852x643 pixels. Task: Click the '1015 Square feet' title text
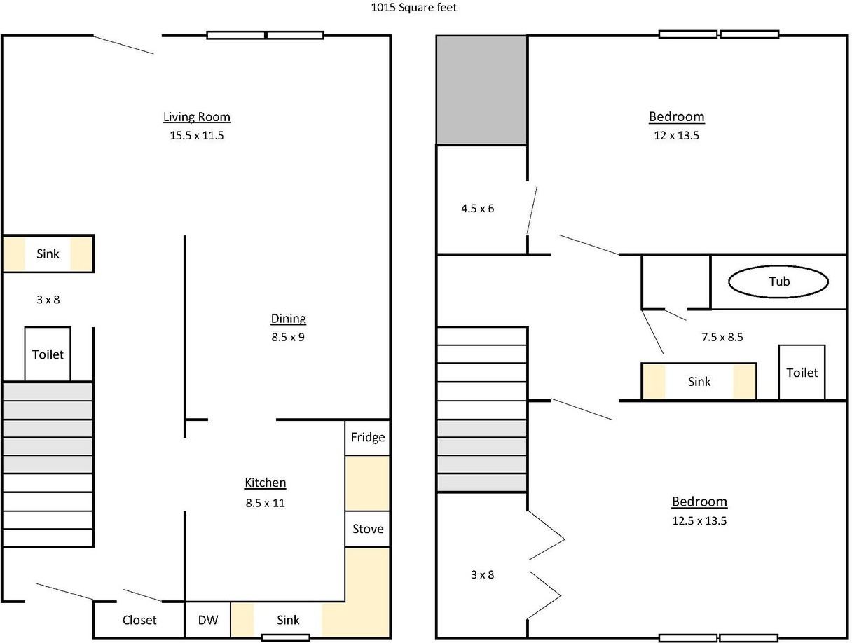pos(414,8)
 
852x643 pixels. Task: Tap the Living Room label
pos(196,117)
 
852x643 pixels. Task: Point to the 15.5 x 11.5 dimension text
pos(196,135)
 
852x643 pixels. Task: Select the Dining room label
pos(288,319)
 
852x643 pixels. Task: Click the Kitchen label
pos(265,483)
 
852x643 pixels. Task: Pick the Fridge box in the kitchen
pos(368,437)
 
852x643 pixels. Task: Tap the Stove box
pos(368,529)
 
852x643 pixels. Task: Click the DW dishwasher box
pos(208,620)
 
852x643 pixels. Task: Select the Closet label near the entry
pos(139,620)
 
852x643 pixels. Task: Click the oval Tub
pos(778,282)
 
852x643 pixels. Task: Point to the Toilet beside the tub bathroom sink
pos(802,372)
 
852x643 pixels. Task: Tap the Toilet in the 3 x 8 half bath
pos(48,354)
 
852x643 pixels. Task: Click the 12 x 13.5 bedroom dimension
pos(677,135)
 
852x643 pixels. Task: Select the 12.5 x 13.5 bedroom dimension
pos(699,520)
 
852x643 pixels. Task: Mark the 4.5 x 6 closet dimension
pos(477,209)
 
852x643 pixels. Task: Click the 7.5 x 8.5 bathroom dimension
pos(722,337)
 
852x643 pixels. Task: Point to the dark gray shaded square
pos(481,90)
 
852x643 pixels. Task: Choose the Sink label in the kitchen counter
pos(288,620)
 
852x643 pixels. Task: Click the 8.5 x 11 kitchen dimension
pos(265,504)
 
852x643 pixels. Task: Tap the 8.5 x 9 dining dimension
pos(288,337)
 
